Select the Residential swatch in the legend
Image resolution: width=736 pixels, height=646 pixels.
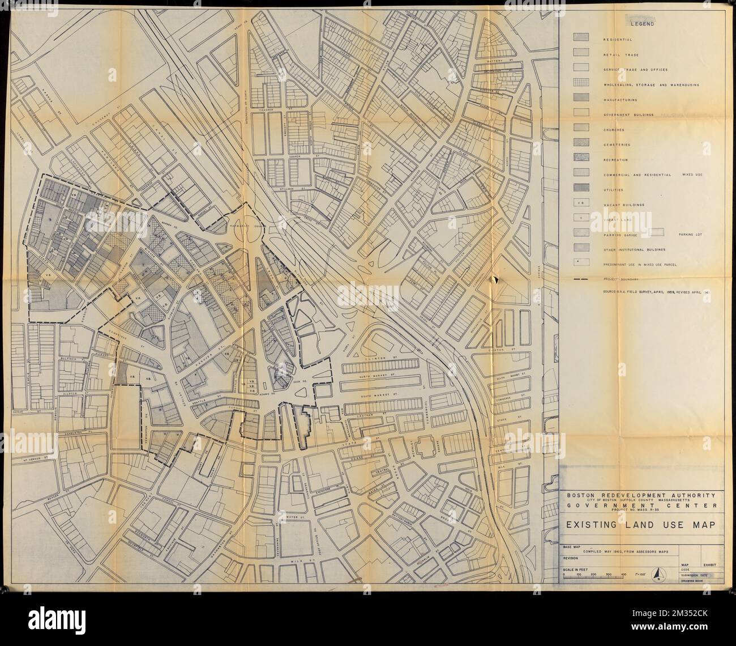click(581, 40)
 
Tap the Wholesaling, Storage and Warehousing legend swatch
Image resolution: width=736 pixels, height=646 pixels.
click(581, 84)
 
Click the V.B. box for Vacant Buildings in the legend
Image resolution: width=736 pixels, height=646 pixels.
click(581, 203)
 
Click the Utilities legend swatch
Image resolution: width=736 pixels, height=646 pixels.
click(581, 189)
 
